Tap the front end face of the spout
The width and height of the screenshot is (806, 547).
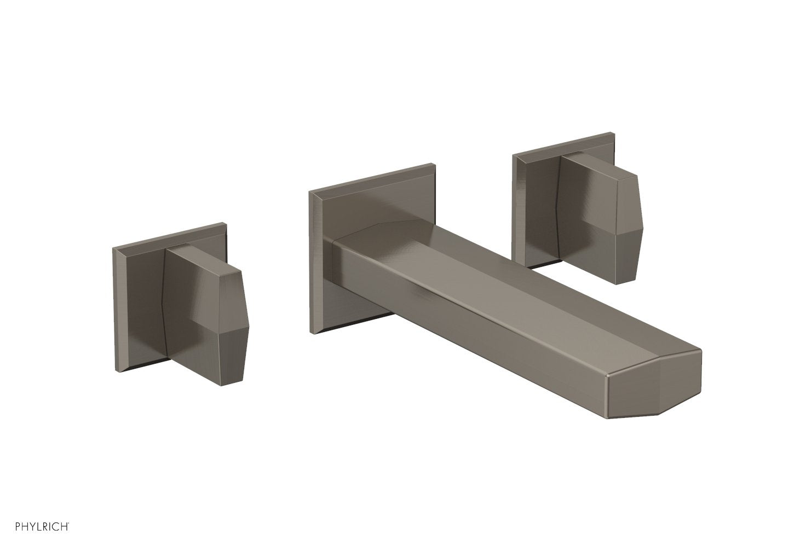[654, 391]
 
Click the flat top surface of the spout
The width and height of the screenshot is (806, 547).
[493, 263]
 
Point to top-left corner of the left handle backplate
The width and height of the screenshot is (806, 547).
[113, 248]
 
